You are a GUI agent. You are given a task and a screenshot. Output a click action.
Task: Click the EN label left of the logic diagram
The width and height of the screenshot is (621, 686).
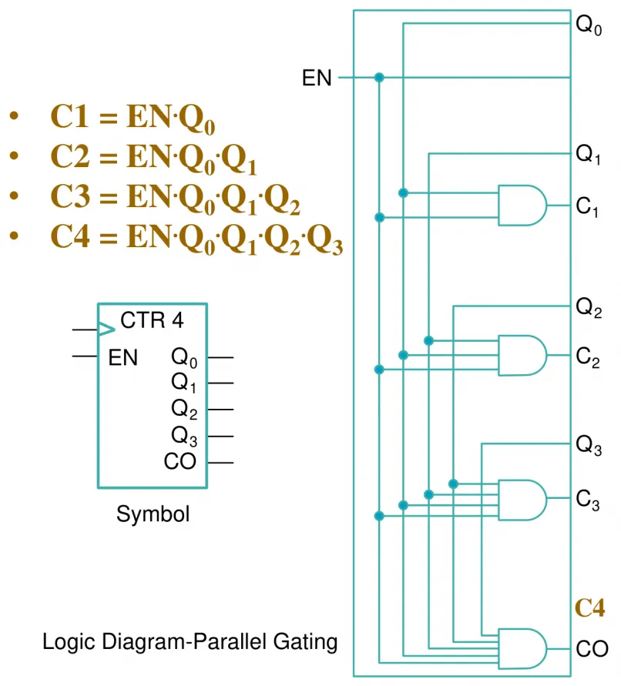[317, 78]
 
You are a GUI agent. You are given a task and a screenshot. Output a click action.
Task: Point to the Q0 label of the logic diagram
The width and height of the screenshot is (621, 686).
[589, 25]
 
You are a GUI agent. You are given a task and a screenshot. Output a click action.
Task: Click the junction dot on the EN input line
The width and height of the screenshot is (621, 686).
[379, 78]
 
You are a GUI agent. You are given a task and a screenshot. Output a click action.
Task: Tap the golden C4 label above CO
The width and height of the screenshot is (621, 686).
[589, 607]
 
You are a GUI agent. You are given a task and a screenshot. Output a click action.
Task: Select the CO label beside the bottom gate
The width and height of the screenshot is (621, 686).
[592, 649]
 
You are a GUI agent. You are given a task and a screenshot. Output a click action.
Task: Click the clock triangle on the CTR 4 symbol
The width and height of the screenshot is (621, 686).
[106, 329]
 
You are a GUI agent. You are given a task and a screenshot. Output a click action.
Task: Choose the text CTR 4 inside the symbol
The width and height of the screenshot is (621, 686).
[152, 320]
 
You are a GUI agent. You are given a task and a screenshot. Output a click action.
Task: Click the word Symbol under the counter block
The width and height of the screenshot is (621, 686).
[153, 514]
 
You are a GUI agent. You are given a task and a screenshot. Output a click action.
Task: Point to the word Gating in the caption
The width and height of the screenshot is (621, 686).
[305, 642]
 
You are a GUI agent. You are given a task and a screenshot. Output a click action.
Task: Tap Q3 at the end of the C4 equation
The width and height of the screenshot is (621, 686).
[324, 239]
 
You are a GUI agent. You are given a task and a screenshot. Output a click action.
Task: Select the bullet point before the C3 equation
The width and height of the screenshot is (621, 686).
[14, 196]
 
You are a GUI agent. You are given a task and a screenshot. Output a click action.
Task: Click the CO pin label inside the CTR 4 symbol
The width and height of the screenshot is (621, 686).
[180, 461]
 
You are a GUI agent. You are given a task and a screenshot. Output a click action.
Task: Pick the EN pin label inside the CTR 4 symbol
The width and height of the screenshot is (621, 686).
[123, 357]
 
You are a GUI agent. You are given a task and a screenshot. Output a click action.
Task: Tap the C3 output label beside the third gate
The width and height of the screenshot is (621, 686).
[588, 500]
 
